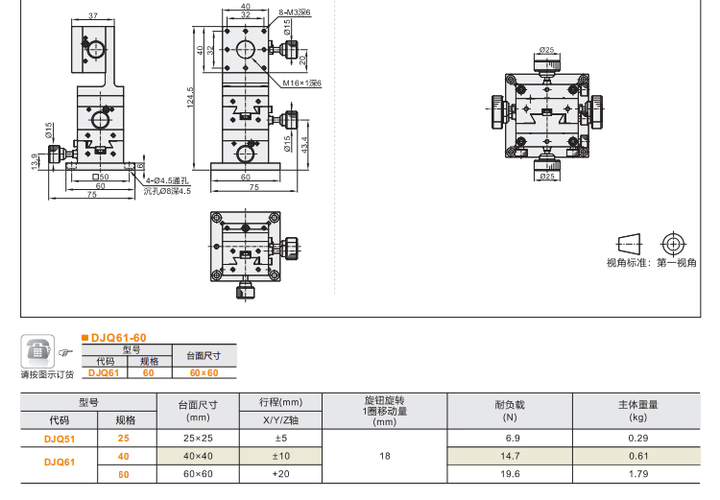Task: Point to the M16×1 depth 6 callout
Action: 301,83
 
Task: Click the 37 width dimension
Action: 92,16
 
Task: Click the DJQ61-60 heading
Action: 118,337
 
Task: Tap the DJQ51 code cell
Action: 60,438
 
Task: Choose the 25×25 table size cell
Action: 199,438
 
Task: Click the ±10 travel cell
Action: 280,456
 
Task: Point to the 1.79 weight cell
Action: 638,474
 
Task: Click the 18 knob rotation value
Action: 385,456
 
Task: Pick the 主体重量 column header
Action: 638,404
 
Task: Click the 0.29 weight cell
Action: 638,438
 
